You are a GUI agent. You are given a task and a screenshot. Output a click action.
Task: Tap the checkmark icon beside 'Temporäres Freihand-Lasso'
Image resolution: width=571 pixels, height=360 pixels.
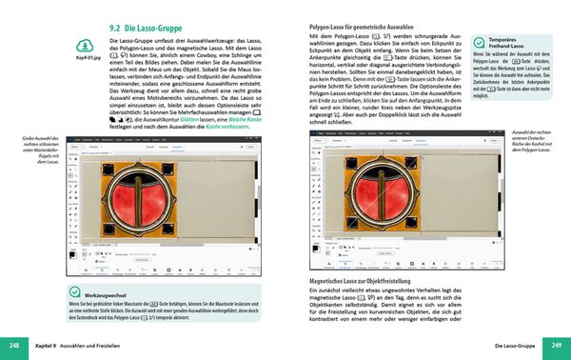click(x=478, y=43)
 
